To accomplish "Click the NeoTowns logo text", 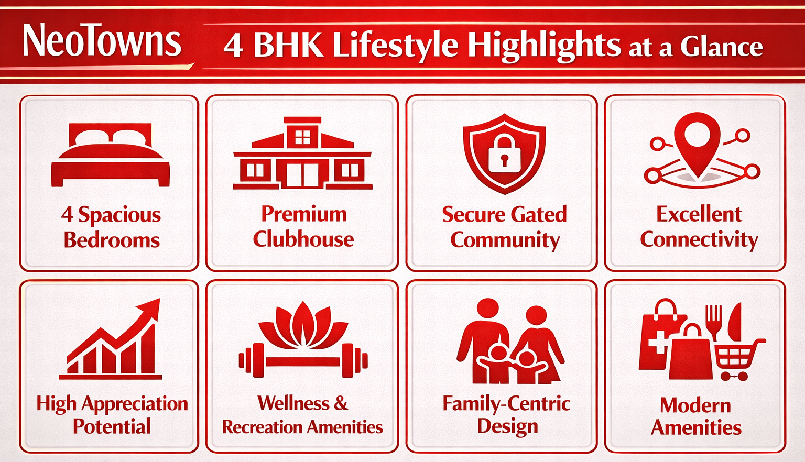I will [102, 41].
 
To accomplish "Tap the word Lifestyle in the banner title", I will [395, 46].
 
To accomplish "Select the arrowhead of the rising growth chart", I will [150, 309].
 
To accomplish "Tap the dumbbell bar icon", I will [303, 361].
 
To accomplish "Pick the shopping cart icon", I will [736, 359].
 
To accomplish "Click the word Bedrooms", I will [112, 240].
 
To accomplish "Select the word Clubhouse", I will [303, 239].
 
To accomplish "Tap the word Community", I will [505, 240].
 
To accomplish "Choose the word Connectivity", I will [699, 240].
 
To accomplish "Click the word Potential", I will [112, 426].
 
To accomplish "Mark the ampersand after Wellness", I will [341, 403].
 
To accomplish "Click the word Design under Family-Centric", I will [507, 426].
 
